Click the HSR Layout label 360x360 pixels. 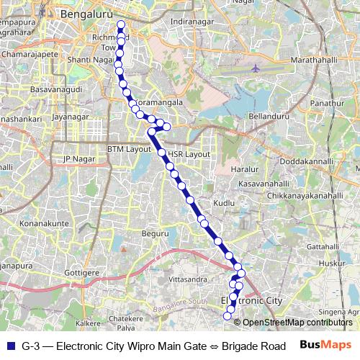pos(189,154)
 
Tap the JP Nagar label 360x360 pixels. pos(79,158)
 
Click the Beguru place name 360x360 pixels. pos(155,233)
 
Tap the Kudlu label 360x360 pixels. pos(223,204)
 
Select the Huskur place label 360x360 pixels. pos(331,264)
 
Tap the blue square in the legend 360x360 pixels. pos(9,346)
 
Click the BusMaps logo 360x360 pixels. pos(325,346)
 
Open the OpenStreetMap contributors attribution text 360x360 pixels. pos(295,322)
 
